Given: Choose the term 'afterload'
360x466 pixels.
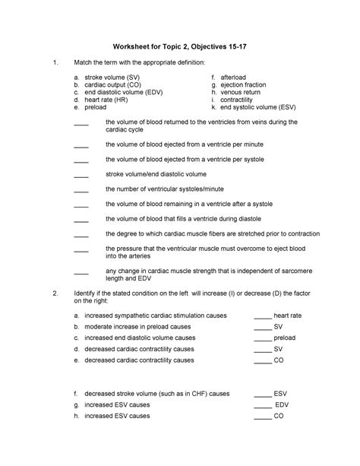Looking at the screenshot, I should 235,78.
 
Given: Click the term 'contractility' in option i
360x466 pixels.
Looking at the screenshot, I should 238,108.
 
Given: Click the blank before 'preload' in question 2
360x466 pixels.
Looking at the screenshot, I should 262,338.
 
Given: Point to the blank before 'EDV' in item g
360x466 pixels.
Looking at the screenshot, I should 262,406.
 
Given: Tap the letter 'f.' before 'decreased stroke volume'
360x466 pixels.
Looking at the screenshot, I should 76,394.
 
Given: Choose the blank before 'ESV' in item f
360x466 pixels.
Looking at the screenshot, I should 262,395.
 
